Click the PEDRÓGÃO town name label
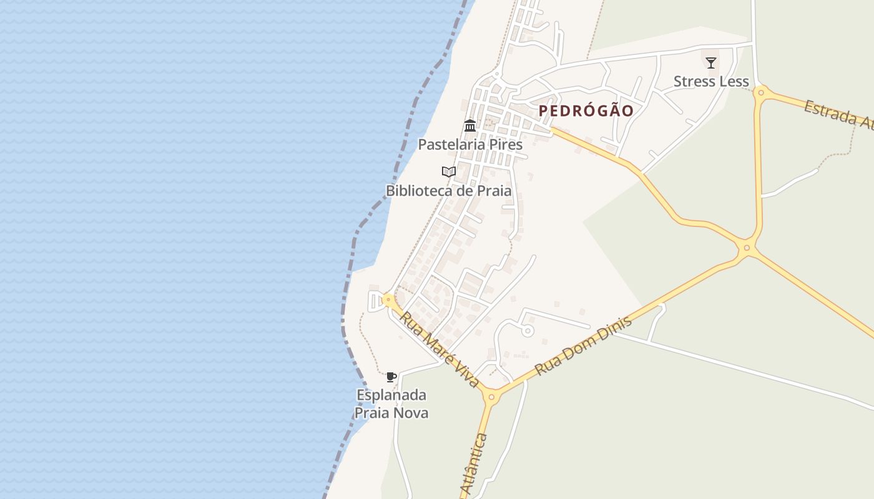tap(586, 111)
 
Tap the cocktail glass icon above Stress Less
tap(710, 62)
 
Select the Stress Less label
tap(710, 82)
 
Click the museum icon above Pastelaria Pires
tap(470, 126)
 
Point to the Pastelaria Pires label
tap(470, 144)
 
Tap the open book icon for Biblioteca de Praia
tap(448, 172)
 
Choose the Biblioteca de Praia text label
tap(448, 191)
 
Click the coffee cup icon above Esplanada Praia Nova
tap(391, 377)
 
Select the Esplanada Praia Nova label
tap(391, 404)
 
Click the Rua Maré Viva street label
tap(440, 349)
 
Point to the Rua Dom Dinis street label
tap(584, 345)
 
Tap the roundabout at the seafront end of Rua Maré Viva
tap(388, 300)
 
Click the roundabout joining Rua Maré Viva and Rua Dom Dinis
tap(491, 396)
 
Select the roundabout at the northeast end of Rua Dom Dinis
tap(747, 248)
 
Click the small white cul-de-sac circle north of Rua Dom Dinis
tap(528, 331)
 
